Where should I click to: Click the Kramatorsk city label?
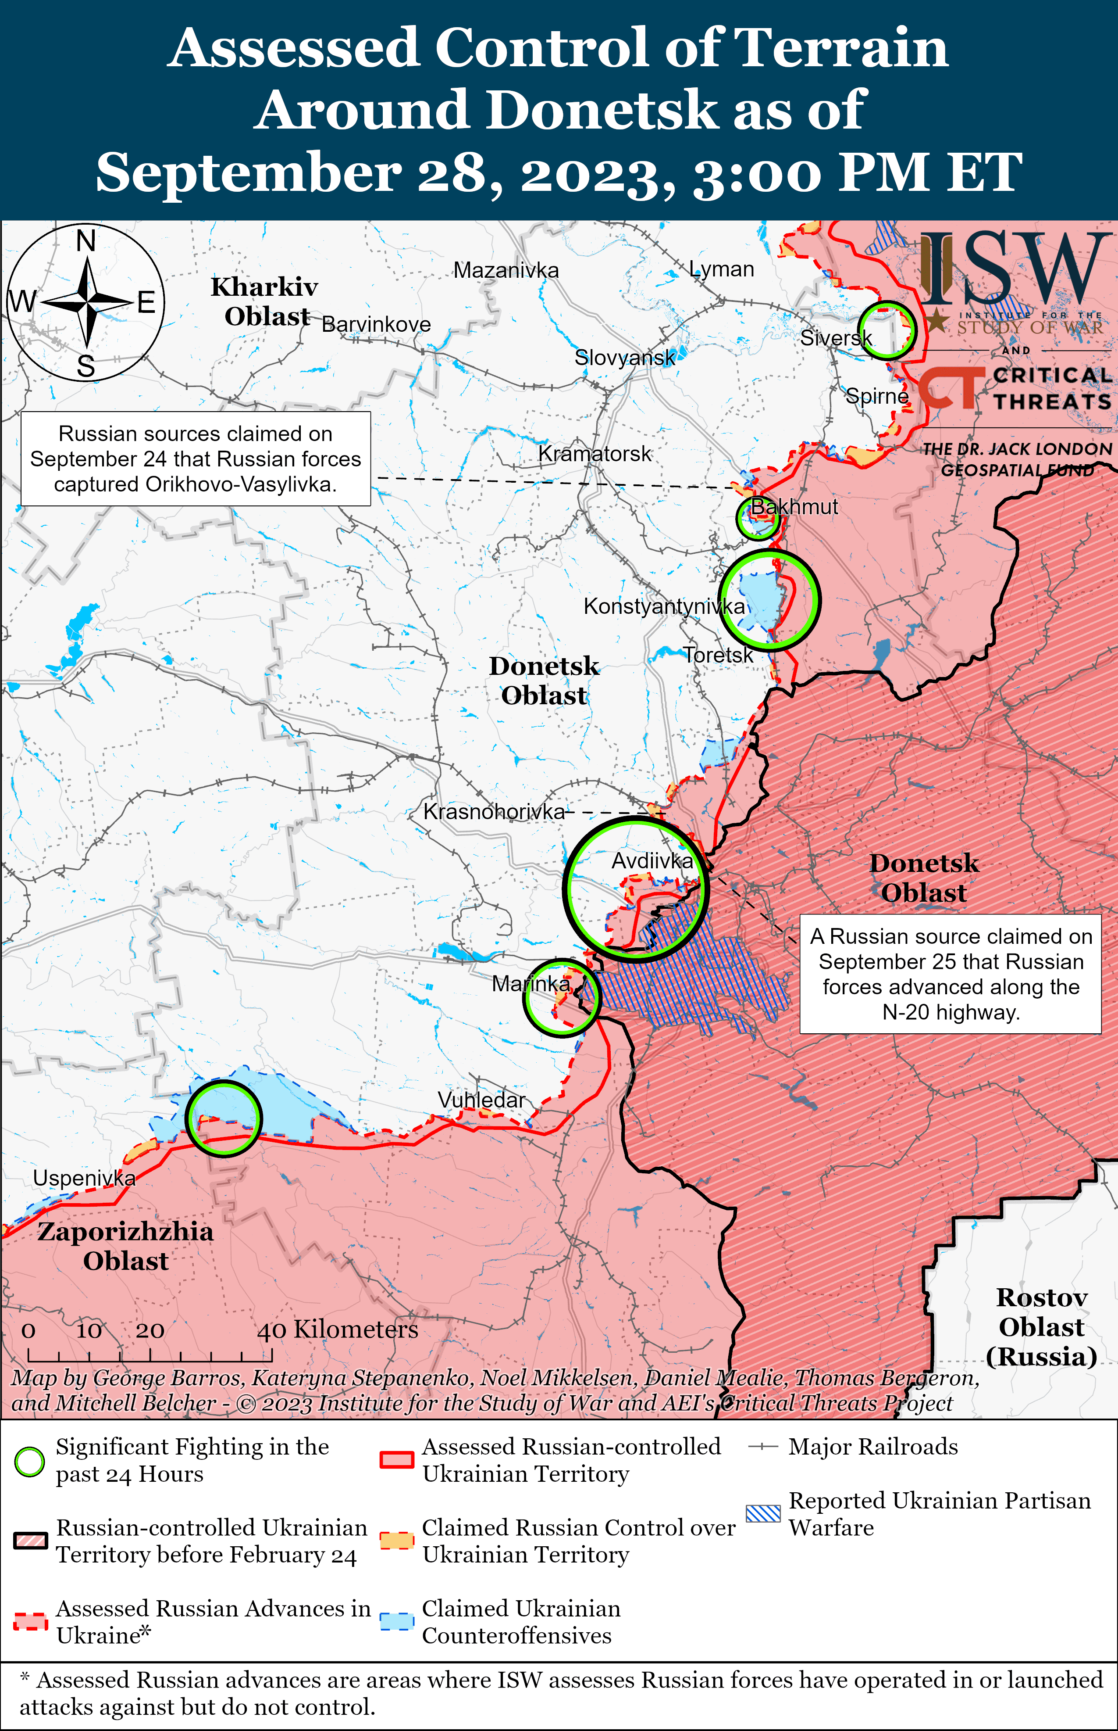click(x=595, y=454)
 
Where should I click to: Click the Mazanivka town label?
click(x=506, y=270)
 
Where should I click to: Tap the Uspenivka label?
click(x=84, y=1178)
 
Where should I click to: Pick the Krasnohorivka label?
click(x=494, y=811)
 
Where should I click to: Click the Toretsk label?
click(x=718, y=655)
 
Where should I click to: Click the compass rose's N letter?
click(x=85, y=240)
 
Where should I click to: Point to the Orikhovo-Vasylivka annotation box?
click(x=195, y=459)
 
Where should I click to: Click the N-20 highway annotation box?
click(x=951, y=974)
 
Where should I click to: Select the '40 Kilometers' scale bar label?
click(x=338, y=1330)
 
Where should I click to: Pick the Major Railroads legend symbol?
click(x=763, y=1447)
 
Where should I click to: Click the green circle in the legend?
click(x=30, y=1461)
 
